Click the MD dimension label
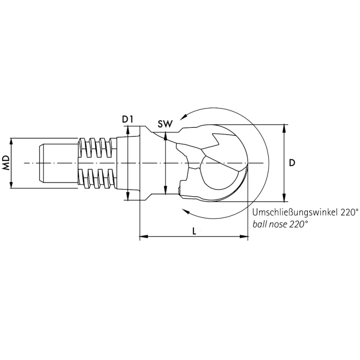pyautogui.click(x=6, y=162)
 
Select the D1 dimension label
pyautogui.click(x=128, y=119)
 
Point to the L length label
pyautogui.click(x=193, y=231)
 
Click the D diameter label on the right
pyautogui.click(x=292, y=162)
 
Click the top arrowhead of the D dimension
pyautogui.click(x=284, y=127)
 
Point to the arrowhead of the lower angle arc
pyautogui.click(x=185, y=210)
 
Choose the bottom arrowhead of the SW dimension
pyautogui.click(x=166, y=190)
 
